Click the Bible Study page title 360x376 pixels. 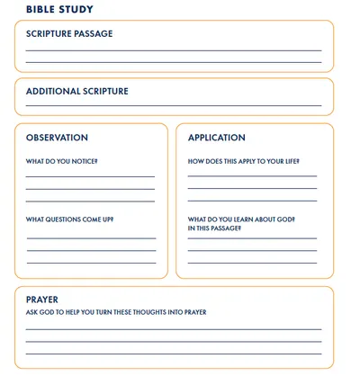point(59,9)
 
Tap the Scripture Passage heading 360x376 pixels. point(69,34)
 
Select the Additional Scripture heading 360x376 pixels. point(76,92)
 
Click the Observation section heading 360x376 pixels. point(57,139)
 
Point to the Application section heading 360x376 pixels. point(216,139)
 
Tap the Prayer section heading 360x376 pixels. point(42,300)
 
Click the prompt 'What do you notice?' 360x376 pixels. point(61,162)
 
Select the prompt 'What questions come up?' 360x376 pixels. point(69,219)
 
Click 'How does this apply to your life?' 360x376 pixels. point(242,162)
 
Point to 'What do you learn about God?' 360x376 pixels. point(241,219)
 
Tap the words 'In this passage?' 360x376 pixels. point(214,228)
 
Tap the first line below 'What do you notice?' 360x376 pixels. point(90,176)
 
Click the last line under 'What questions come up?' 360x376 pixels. point(91,263)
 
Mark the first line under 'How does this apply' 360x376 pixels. point(252,176)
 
